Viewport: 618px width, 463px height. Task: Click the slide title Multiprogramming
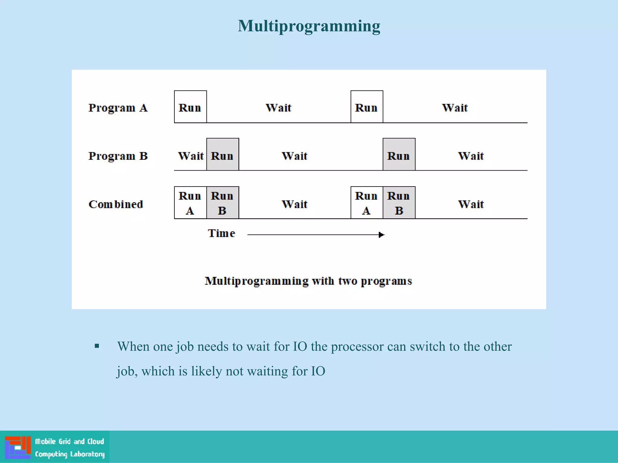309,26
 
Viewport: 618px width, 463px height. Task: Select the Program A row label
118,108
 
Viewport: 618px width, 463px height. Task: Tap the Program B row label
118,156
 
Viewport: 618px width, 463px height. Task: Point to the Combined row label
116,204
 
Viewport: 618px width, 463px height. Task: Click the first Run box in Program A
190,107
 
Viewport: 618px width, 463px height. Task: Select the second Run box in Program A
367,107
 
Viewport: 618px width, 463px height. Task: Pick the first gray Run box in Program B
223,155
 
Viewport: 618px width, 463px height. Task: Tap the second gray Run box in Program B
399,155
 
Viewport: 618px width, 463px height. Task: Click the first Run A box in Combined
190,203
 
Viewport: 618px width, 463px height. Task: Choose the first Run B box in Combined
223,203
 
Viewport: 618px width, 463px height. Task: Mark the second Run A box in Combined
367,203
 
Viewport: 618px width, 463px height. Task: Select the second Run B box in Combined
399,203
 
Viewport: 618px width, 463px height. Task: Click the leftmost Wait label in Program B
191,156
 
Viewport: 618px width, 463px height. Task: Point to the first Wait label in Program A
278,108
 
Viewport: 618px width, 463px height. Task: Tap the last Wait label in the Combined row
471,204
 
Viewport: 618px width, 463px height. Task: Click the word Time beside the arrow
221,233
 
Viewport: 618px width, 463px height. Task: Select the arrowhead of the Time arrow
382,235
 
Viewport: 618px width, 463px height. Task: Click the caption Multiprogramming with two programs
308,281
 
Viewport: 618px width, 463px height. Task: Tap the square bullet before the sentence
97,346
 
